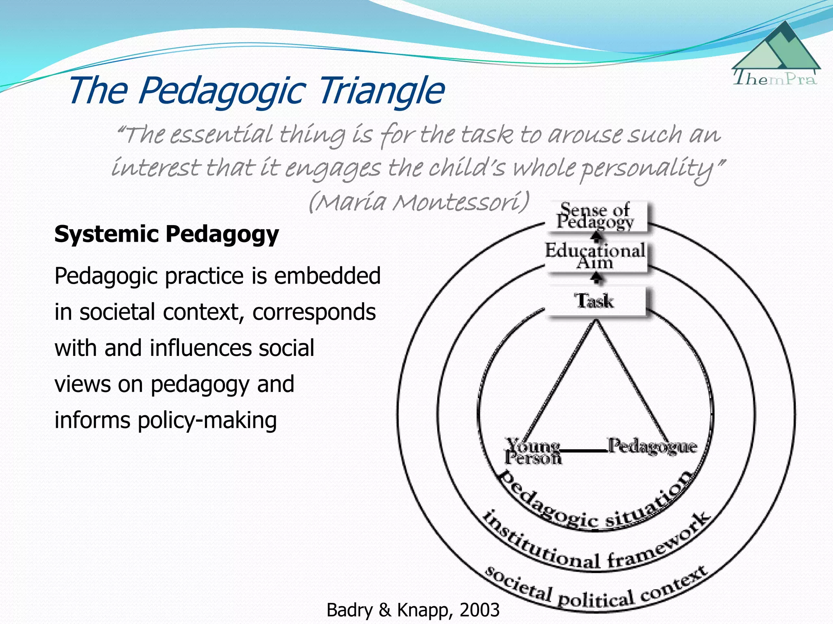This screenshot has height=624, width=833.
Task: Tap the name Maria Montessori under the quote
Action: tap(419, 201)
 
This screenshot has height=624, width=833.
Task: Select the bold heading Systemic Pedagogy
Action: tap(166, 234)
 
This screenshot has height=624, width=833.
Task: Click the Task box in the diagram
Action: tap(595, 301)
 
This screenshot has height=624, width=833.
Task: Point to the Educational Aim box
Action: tap(595, 256)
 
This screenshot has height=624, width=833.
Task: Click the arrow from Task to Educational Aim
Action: tap(596, 278)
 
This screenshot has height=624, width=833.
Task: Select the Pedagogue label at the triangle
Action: tap(652, 446)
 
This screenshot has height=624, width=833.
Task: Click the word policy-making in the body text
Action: tap(207, 420)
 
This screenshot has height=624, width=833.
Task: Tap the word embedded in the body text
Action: tap(327, 276)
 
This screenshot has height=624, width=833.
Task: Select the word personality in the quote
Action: tap(647, 169)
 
